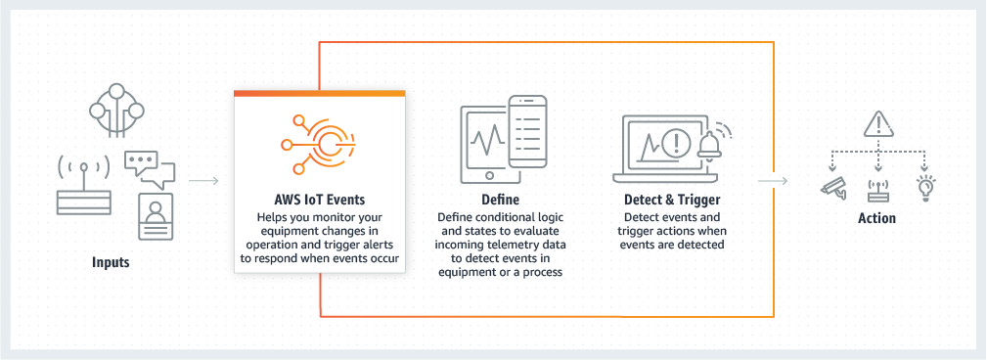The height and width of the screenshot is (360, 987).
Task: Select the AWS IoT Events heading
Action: (x=320, y=199)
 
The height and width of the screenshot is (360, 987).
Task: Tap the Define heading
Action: (x=501, y=200)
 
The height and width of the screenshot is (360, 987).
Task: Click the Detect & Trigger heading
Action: (x=672, y=200)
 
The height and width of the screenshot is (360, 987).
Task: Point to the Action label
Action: (x=876, y=218)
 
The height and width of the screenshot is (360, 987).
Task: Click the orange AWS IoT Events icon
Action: (x=319, y=143)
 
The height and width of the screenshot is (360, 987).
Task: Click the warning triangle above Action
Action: (x=877, y=124)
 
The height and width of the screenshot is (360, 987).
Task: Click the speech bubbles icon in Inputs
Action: (x=148, y=168)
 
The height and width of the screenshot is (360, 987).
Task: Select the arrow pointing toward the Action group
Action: (x=773, y=180)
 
